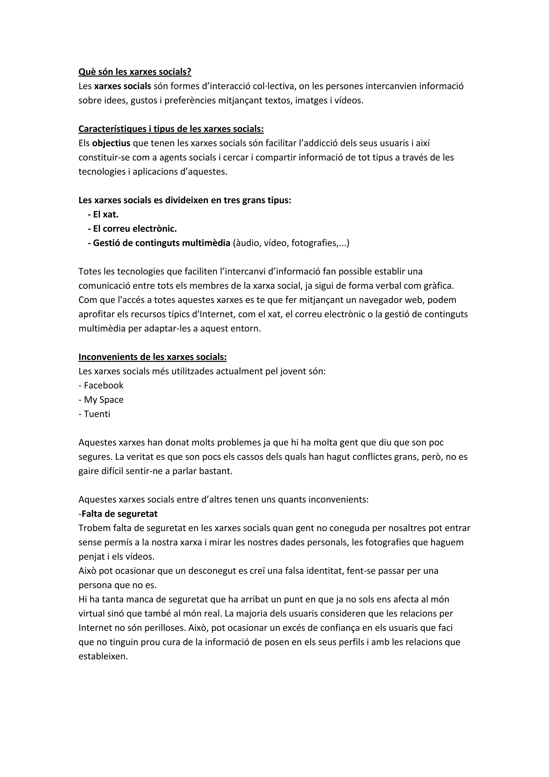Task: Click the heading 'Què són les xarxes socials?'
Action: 135,72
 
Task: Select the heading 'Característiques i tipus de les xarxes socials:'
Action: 171,129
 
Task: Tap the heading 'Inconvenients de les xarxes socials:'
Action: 153,357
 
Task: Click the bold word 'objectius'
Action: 111,143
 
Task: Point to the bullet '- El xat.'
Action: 103,215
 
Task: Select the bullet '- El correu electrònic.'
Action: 132,229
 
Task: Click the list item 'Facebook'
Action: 103,386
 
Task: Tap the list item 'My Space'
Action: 103,400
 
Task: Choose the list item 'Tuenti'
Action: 97,414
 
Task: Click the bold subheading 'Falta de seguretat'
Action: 119,514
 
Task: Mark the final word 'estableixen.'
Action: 103,657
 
